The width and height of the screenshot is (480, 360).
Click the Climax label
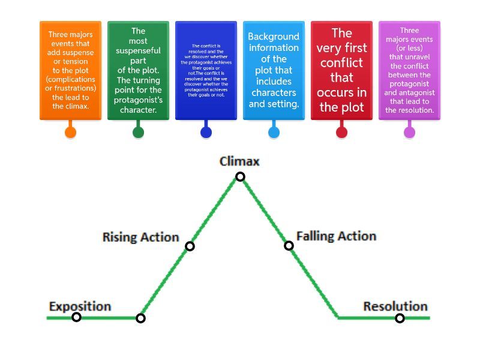(x=239, y=161)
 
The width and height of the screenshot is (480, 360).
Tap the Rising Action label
(x=141, y=237)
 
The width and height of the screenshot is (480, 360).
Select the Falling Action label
(x=336, y=236)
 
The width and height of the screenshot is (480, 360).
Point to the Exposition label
(x=80, y=306)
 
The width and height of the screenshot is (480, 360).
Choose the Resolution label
(x=395, y=306)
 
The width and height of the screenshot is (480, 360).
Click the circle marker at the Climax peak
(x=240, y=176)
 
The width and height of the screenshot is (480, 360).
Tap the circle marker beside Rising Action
(x=190, y=246)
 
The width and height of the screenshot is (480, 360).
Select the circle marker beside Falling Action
(x=289, y=245)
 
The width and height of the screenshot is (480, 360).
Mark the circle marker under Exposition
(x=76, y=317)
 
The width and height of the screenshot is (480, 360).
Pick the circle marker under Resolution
(x=400, y=318)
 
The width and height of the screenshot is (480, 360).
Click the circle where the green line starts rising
(x=140, y=318)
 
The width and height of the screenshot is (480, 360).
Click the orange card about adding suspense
(x=70, y=70)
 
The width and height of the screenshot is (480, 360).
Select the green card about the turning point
(x=138, y=70)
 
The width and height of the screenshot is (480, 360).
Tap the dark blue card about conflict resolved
(x=206, y=70)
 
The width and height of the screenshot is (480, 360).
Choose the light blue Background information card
(x=274, y=70)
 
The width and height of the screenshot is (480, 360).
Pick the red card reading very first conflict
(x=341, y=70)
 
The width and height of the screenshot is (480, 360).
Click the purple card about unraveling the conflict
(x=409, y=70)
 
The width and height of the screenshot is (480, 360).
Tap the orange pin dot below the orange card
(x=70, y=133)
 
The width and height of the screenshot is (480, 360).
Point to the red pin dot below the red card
(x=341, y=133)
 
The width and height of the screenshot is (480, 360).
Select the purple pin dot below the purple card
(x=409, y=133)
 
